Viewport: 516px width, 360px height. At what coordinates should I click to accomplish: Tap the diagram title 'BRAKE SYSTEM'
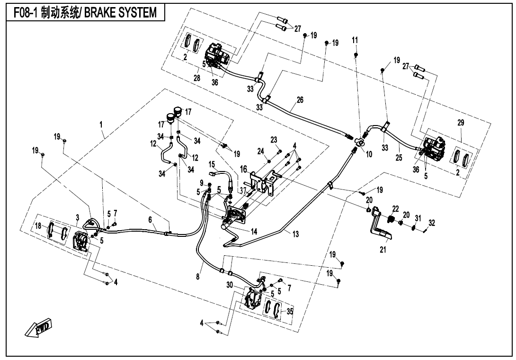coord(121,13)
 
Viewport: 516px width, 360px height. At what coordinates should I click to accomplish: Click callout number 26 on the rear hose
coord(300,100)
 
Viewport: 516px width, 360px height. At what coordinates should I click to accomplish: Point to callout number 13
coord(295,234)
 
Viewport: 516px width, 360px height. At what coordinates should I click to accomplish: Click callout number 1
coord(101,125)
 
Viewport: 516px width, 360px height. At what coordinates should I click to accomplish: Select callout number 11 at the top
coord(355,40)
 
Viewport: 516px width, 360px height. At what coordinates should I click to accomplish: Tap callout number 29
coord(461,123)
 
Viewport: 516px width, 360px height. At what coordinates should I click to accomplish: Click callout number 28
coord(197,78)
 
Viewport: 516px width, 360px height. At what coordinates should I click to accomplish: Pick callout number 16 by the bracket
coord(243,169)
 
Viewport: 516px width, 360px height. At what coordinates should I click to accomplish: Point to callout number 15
coord(212,164)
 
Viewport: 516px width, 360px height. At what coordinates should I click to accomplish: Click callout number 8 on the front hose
coord(198,276)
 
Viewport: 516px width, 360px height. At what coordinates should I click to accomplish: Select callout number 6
coord(150,219)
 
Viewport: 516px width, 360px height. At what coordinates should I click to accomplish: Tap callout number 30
coord(230,285)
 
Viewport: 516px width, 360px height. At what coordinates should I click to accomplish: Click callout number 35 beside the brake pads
coord(290,311)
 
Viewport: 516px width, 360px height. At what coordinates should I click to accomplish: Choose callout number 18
coord(38,225)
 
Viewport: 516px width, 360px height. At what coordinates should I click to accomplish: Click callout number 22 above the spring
coord(396,209)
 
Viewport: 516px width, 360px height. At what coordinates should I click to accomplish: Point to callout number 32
coord(432,223)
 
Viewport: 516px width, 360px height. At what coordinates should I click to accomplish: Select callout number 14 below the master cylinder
coord(254,232)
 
